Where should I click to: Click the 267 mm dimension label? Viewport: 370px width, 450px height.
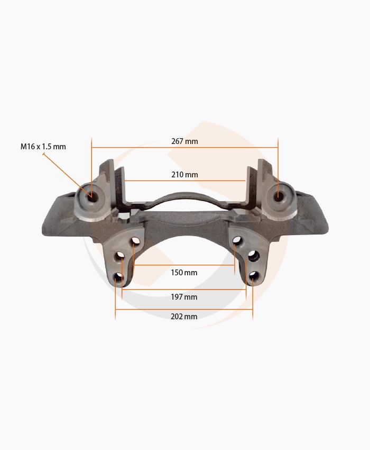[184, 141]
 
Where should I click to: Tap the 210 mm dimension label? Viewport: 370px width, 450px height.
[184, 175]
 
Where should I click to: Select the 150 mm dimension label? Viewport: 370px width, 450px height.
[184, 272]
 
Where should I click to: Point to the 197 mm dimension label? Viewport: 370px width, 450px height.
[184, 297]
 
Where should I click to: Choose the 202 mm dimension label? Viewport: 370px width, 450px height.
[184, 316]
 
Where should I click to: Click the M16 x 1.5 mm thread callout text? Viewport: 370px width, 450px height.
[43, 147]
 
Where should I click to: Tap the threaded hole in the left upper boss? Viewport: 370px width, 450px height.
[91, 197]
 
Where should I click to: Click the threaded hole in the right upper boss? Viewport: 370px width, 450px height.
[277, 196]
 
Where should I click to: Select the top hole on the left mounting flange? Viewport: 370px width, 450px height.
[135, 241]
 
